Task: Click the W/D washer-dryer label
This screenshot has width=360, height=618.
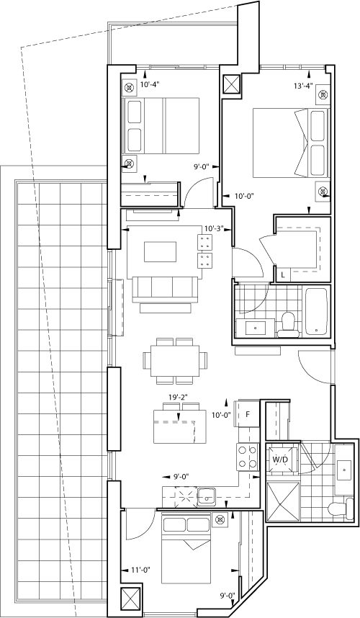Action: pos(280,460)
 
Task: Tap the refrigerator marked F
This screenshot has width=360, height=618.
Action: pos(247,414)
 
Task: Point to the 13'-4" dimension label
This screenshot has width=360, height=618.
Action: pos(303,86)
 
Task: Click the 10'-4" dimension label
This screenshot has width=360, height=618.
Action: pos(150,84)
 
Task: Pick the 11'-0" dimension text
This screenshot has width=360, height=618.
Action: pos(140,570)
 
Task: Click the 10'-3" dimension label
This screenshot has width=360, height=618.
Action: pos(215,228)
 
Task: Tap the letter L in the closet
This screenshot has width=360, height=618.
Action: pos(283,275)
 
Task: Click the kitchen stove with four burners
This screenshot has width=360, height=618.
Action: pos(248,457)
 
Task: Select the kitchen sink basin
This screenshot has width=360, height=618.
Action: pos(207,496)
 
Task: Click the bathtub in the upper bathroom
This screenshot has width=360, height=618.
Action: pos(316,311)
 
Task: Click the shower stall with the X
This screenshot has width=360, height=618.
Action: pos(283,500)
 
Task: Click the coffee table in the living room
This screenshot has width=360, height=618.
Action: pos(160,252)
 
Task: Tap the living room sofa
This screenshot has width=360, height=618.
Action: pos(166,290)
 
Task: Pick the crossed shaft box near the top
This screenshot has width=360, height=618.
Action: pos(231,84)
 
